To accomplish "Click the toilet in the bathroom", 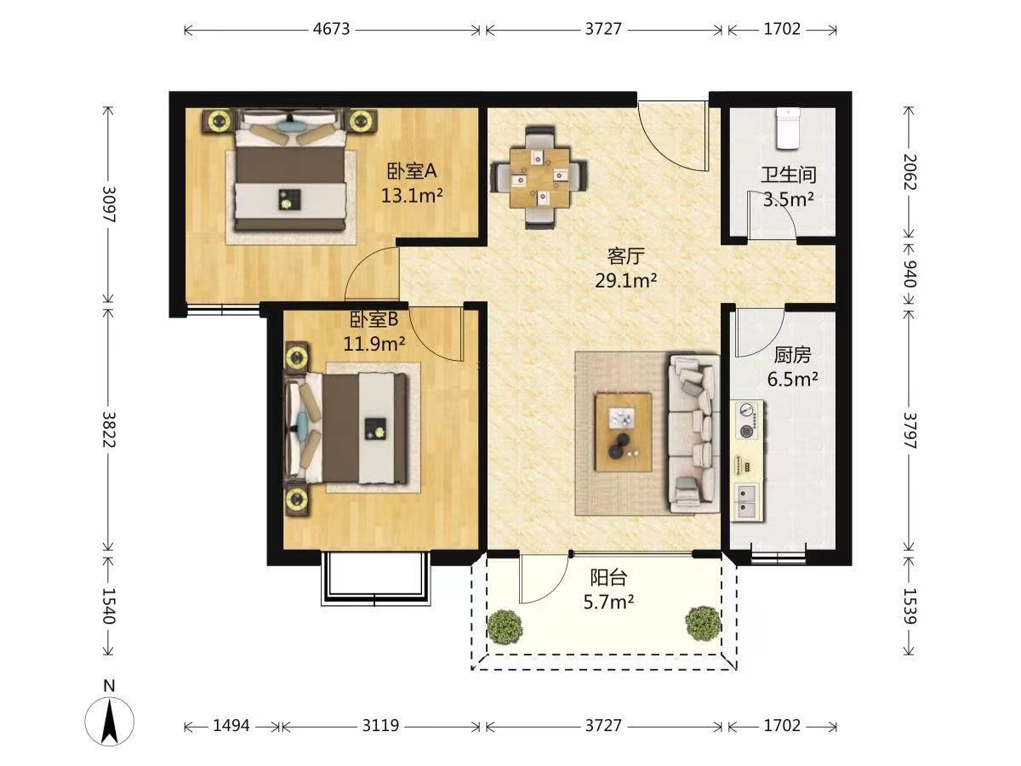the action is [x=789, y=129].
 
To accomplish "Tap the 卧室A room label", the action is [x=412, y=172].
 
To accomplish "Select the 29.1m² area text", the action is [x=625, y=281].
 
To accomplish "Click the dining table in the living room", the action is [x=539, y=178].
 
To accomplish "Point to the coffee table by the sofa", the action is [x=624, y=432].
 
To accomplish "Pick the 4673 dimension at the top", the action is [x=331, y=29].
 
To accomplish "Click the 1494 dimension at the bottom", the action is [x=231, y=725].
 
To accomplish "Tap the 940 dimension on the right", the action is [x=909, y=274].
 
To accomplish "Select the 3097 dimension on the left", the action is [x=108, y=204].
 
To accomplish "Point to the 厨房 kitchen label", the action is [x=792, y=355].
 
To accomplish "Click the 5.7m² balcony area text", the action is [x=608, y=603].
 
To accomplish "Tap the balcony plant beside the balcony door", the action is [x=505, y=626].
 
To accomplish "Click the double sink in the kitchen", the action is [x=748, y=500].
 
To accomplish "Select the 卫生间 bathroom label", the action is [x=789, y=174].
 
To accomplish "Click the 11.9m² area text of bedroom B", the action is [x=374, y=344].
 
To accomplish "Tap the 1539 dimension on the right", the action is [x=909, y=607].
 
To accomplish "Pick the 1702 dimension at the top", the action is [x=783, y=29].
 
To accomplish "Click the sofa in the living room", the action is [x=694, y=434].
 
